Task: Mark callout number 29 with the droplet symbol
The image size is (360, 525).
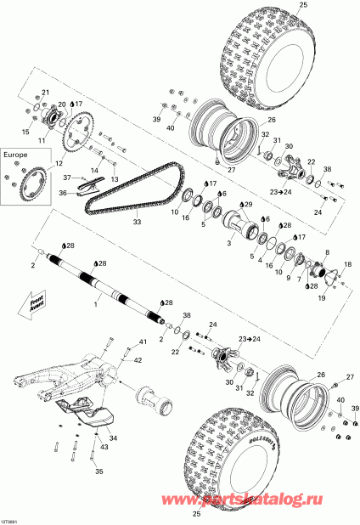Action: [248, 205]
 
